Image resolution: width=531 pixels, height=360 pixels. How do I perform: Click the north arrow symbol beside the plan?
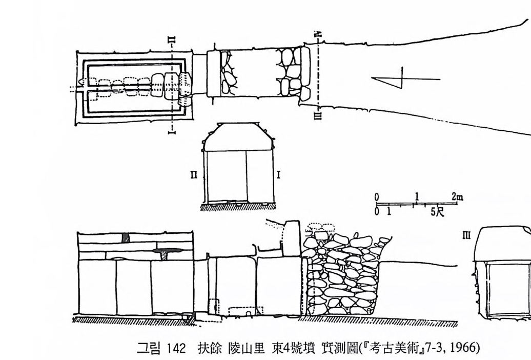click(x=405, y=79)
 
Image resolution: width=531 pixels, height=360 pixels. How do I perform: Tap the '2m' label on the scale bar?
click(x=457, y=196)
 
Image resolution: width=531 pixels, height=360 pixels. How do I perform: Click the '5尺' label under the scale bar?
click(x=437, y=211)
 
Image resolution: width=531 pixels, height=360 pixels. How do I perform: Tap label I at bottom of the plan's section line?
click(x=173, y=131)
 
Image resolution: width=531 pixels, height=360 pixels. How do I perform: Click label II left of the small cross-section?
click(x=194, y=175)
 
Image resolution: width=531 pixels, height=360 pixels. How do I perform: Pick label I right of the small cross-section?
click(x=278, y=175)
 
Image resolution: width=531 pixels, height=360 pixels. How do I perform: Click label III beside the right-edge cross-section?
click(x=466, y=235)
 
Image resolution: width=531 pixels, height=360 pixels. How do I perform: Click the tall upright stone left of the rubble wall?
click(x=292, y=238)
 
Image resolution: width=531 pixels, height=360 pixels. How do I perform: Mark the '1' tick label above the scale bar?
click(x=417, y=196)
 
